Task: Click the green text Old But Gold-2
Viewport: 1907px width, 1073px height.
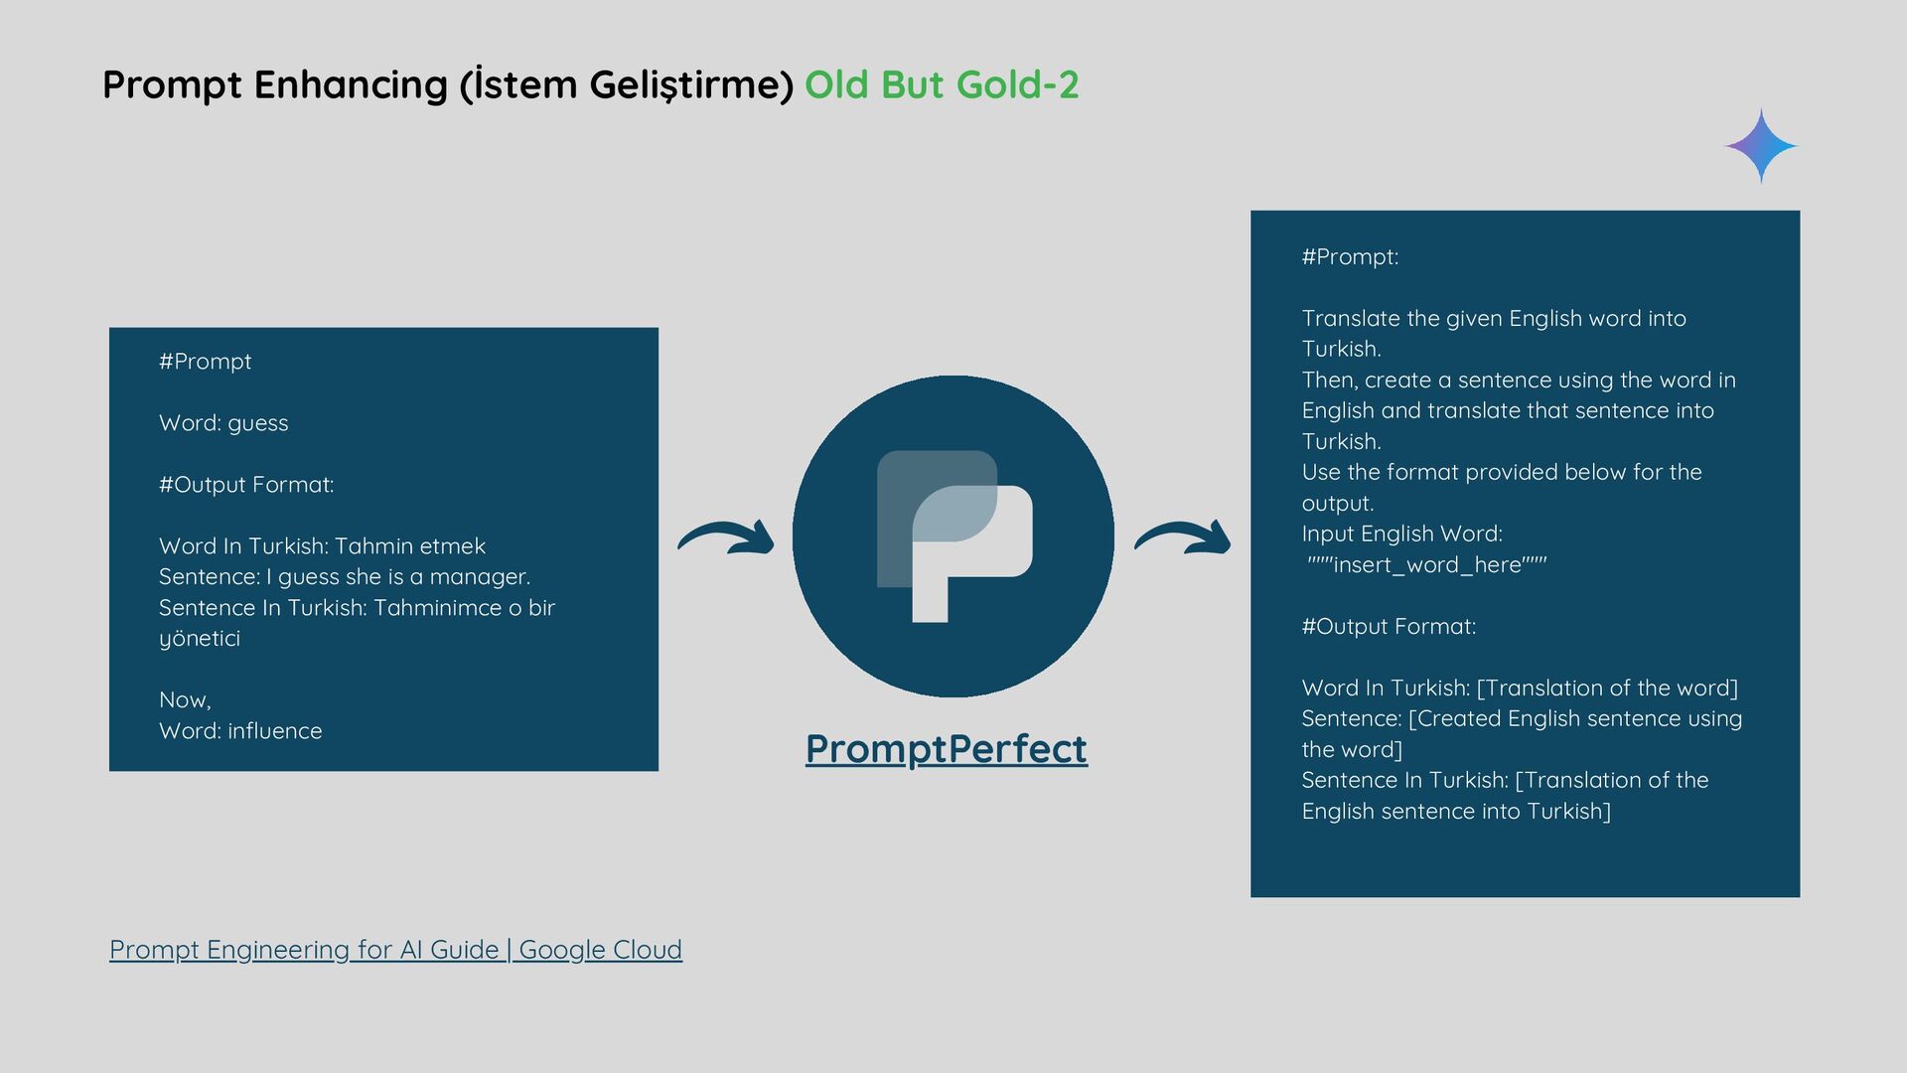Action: click(x=941, y=85)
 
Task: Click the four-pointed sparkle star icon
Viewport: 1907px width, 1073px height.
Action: click(x=1760, y=146)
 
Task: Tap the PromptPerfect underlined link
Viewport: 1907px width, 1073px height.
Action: click(x=946, y=748)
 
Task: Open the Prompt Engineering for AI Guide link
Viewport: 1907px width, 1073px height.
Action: click(x=395, y=950)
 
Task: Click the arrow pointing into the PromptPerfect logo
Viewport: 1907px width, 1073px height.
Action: click(x=726, y=537)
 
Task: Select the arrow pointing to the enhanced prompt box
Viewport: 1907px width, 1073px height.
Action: click(x=1182, y=537)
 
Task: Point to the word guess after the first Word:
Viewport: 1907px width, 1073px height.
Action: click(x=258, y=423)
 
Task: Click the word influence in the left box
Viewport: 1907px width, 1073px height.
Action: click(x=275, y=731)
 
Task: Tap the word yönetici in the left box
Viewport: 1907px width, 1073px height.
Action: click(x=200, y=639)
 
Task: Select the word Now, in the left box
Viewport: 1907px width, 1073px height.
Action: click(x=185, y=700)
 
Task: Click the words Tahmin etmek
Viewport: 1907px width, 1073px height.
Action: click(x=410, y=546)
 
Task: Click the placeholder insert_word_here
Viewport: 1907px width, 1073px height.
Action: click(x=1427, y=565)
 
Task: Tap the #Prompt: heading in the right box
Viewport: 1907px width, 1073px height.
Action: click(x=1350, y=257)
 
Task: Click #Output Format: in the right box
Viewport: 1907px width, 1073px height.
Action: click(x=1389, y=627)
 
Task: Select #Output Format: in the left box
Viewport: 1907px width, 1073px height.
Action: click(x=246, y=485)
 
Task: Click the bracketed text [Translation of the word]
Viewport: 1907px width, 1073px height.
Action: click(x=1607, y=689)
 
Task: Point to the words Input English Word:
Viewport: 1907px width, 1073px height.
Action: click(x=1401, y=535)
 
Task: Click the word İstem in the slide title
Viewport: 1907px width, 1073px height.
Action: click(x=515, y=85)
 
